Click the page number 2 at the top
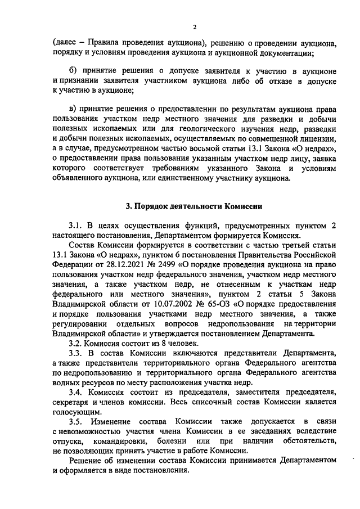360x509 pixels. click(194, 27)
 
